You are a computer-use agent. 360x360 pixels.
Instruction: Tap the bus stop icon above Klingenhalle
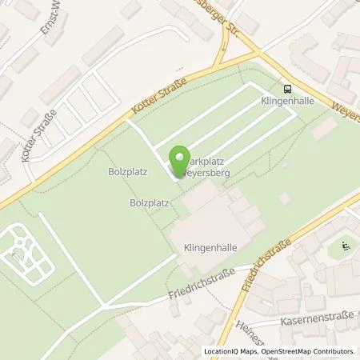pyautogui.click(x=286, y=90)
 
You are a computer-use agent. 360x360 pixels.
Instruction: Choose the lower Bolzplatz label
pyautogui.click(x=150, y=203)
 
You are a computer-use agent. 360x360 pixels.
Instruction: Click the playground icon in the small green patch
pyautogui.click(x=345, y=246)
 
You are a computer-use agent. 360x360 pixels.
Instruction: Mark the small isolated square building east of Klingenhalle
pyautogui.click(x=285, y=198)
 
